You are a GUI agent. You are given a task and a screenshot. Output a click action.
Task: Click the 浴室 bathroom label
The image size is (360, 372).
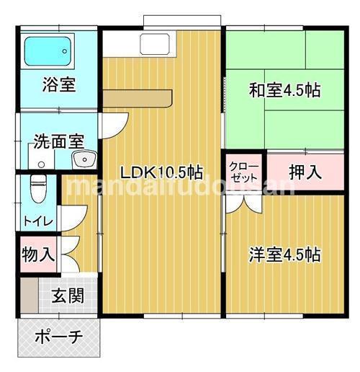59,83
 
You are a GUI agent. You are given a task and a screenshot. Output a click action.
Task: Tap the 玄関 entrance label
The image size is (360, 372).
66,296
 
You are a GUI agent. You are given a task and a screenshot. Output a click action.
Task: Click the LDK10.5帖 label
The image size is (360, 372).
161,172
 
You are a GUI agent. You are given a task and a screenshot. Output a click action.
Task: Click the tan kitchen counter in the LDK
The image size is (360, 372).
137,98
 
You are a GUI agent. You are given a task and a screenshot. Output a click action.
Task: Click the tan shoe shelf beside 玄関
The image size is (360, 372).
27,296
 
